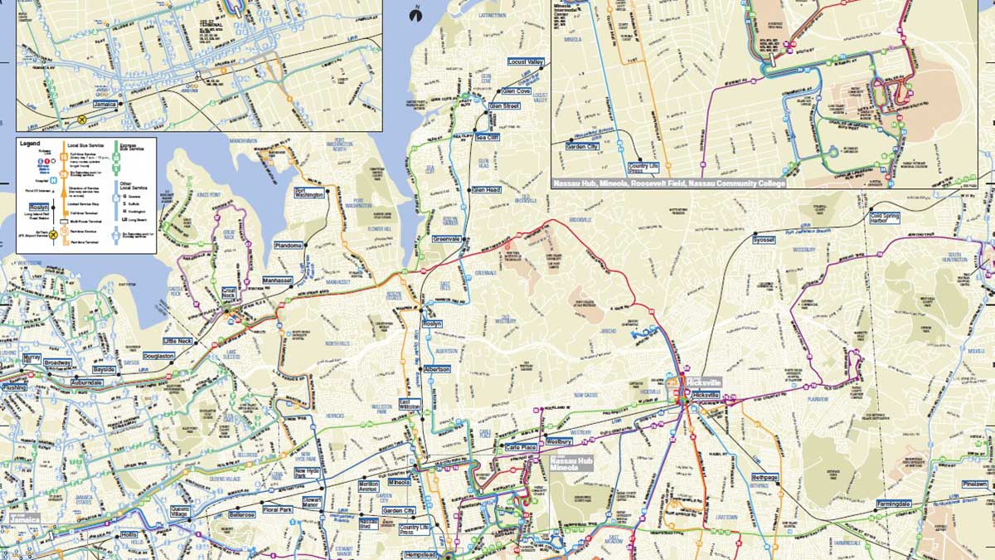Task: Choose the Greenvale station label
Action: [446, 239]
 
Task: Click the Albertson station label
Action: [436, 368]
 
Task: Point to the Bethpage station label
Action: [764, 478]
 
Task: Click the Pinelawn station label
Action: [975, 484]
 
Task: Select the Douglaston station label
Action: [158, 356]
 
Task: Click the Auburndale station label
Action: [87, 382]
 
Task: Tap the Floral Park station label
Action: [274, 509]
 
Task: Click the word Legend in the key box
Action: [31, 144]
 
